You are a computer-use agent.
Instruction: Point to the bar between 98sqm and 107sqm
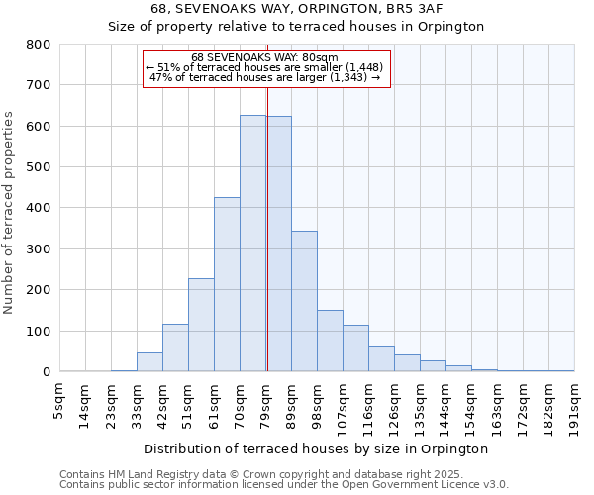click(330, 341)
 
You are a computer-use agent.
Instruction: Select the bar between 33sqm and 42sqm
click(149, 361)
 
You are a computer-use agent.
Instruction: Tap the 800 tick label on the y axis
click(39, 45)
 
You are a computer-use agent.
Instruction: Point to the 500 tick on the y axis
click(39, 167)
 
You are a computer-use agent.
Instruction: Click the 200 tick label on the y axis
click(39, 290)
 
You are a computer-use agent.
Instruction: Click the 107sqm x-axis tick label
click(343, 404)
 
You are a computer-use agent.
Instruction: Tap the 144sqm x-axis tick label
click(445, 404)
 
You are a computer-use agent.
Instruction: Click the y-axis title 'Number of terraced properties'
click(10, 212)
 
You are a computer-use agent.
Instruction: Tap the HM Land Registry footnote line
click(283, 474)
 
